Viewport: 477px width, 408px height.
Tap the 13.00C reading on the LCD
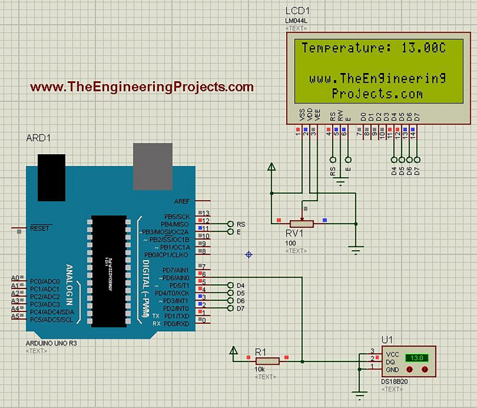click(x=424, y=48)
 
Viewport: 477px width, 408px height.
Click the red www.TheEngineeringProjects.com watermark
click(x=142, y=87)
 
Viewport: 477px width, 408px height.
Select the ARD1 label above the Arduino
click(x=38, y=137)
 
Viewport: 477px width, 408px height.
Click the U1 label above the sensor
click(x=387, y=339)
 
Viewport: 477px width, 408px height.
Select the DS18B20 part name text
click(x=396, y=382)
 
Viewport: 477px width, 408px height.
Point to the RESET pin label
click(x=39, y=228)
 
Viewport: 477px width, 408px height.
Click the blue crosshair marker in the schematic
click(x=249, y=254)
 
